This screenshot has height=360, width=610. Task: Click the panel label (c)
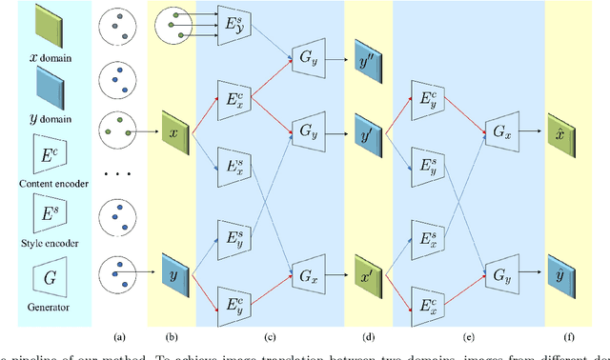tap(270, 335)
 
